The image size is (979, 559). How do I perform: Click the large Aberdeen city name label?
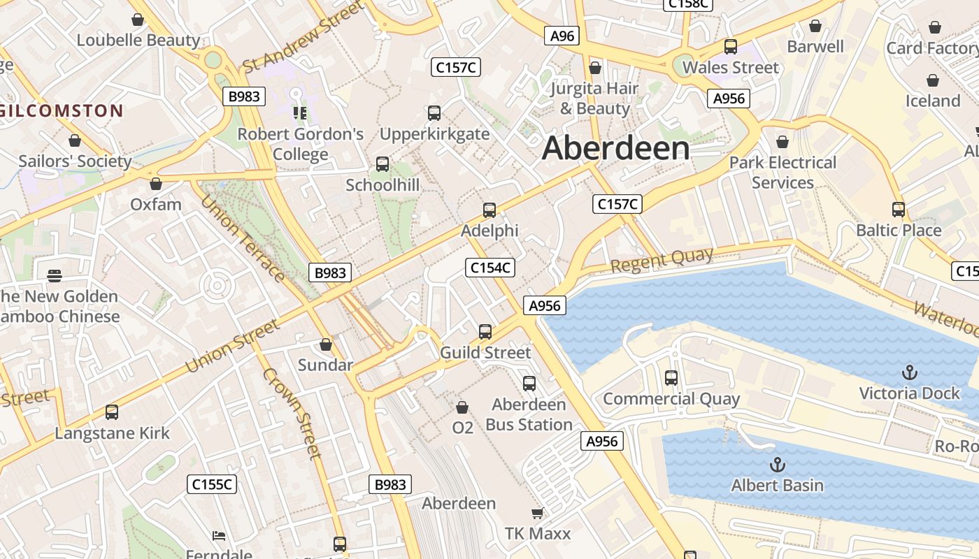[x=615, y=148]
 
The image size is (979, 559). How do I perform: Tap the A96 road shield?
[x=562, y=36]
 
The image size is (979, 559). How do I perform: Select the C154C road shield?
[x=490, y=268]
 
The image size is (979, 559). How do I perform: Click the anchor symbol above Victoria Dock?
[x=910, y=372]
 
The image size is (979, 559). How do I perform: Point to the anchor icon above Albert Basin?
[x=777, y=465]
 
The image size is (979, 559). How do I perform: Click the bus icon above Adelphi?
[x=489, y=210]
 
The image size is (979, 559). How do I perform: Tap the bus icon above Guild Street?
[x=485, y=332]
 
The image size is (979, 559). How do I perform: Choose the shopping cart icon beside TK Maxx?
[x=537, y=514]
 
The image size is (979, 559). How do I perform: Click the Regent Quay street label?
[x=662, y=261]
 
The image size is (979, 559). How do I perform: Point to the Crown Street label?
[x=292, y=413]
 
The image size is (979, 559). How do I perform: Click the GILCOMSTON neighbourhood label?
[x=62, y=110]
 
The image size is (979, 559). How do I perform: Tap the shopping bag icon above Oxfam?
[x=156, y=184]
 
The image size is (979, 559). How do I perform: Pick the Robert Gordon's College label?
[x=301, y=144]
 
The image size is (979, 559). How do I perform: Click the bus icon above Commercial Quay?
[x=671, y=378]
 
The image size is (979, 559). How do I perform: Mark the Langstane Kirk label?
[x=113, y=433]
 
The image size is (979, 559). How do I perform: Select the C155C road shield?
[x=212, y=484]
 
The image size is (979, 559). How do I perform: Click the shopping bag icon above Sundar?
[x=325, y=344]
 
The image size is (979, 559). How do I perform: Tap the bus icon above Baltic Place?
[x=899, y=210]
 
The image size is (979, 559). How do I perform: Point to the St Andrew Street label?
[x=303, y=37]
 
